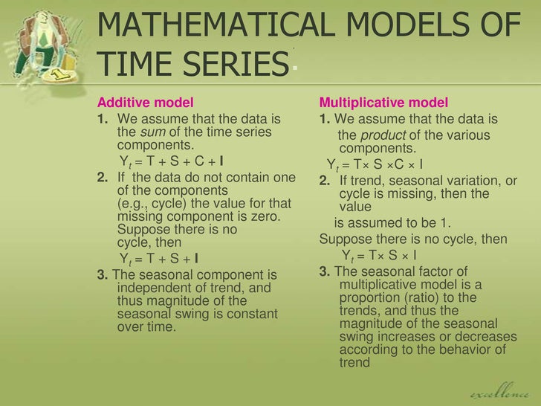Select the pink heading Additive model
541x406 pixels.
click(x=146, y=103)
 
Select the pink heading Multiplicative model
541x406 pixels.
click(x=383, y=103)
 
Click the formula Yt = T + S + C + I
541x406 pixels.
click(x=172, y=161)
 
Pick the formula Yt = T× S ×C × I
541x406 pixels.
click(x=375, y=164)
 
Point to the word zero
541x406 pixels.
click(x=264, y=216)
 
